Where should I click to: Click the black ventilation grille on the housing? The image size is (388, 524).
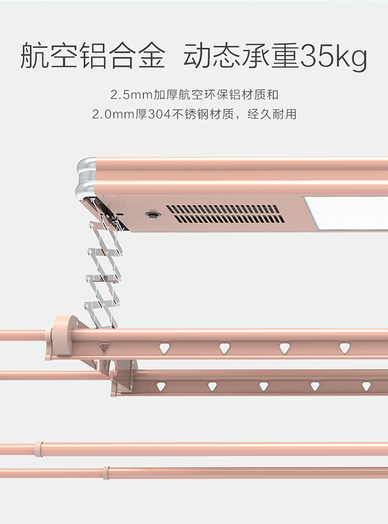(226, 214)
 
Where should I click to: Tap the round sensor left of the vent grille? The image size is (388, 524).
(152, 214)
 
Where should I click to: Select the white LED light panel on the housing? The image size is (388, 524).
(346, 212)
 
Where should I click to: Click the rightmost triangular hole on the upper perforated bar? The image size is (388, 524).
(345, 348)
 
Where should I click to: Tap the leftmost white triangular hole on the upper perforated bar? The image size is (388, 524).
(165, 348)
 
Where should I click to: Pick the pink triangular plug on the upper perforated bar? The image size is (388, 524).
(105, 348)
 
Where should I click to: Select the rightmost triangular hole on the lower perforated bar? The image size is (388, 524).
(366, 386)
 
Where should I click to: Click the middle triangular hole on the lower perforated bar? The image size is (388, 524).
(263, 386)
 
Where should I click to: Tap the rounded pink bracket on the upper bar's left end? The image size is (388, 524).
(62, 335)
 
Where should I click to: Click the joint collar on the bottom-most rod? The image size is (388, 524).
(106, 472)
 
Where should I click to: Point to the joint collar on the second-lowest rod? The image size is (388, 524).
(38, 448)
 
